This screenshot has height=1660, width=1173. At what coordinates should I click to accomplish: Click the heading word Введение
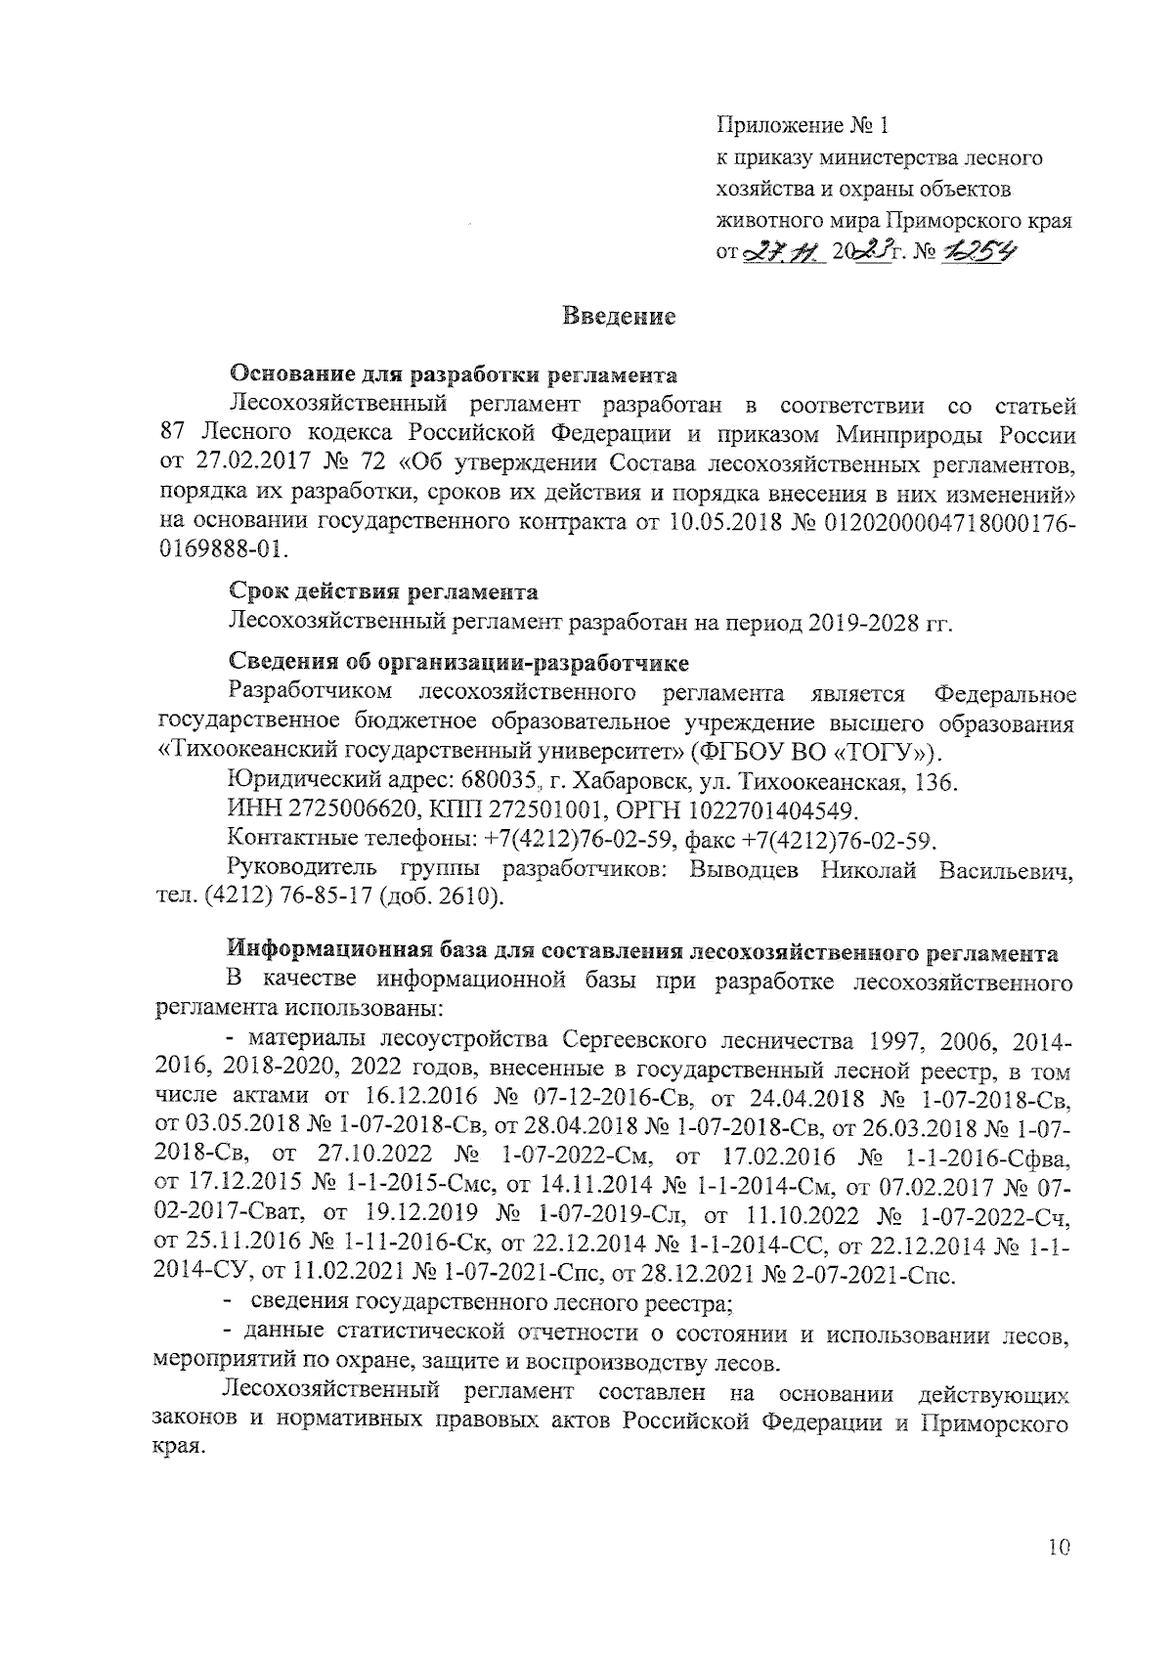(x=620, y=317)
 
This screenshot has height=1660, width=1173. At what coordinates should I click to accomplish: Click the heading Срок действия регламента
(x=383, y=592)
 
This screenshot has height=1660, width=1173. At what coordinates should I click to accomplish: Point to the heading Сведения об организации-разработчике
(x=458, y=664)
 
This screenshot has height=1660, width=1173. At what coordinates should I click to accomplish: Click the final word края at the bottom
(x=181, y=1450)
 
